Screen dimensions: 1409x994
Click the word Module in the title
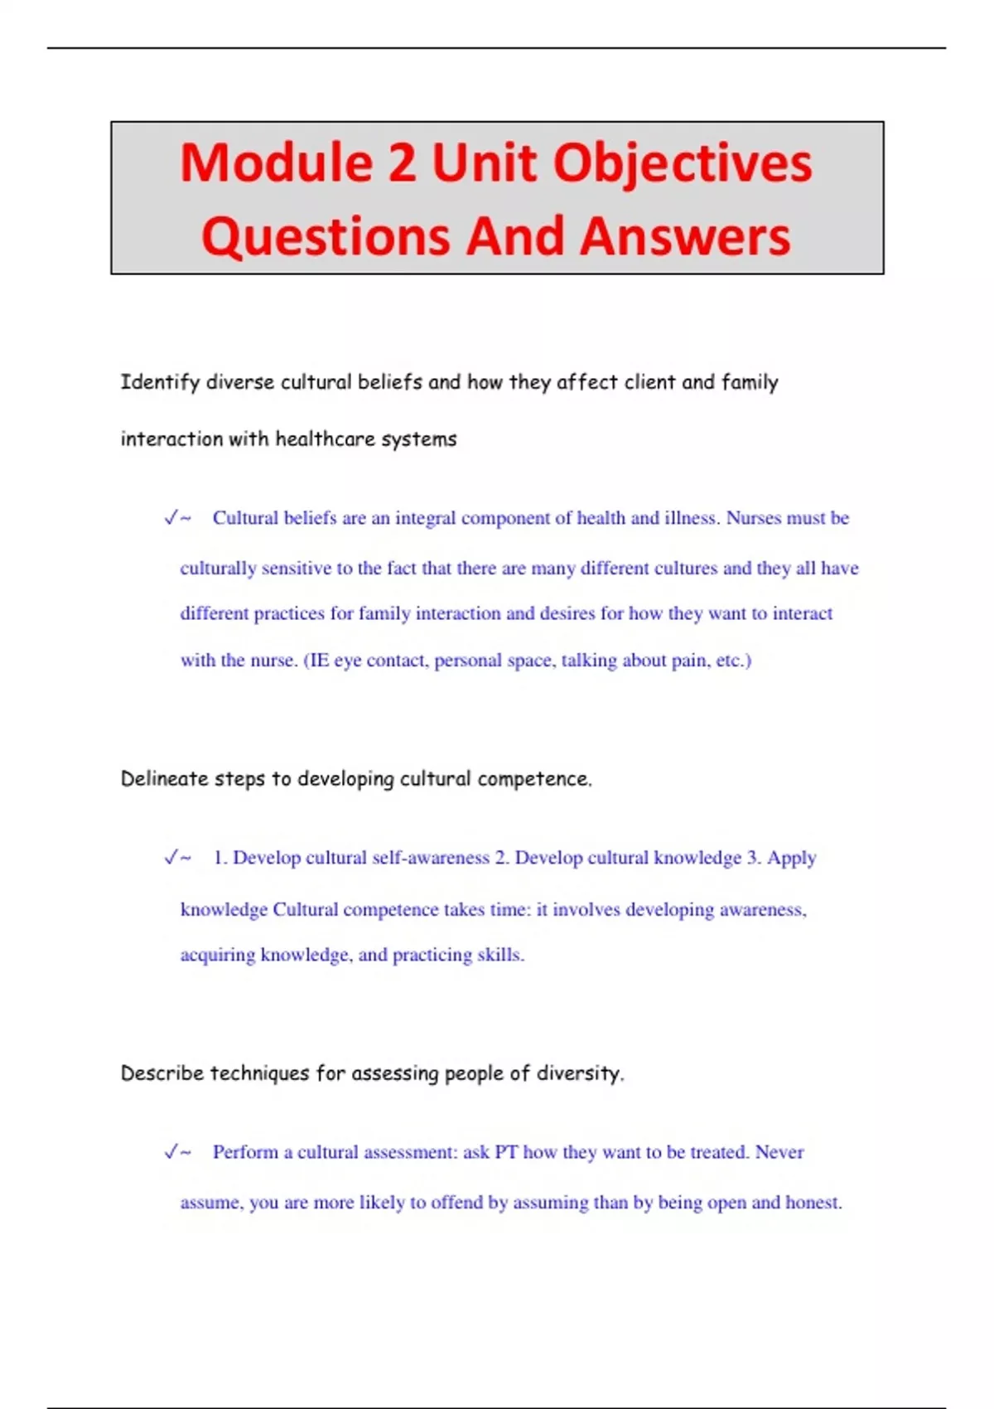click(275, 162)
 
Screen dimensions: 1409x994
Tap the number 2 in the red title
click(402, 162)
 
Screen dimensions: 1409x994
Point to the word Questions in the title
click(325, 237)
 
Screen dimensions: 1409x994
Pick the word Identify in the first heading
click(160, 383)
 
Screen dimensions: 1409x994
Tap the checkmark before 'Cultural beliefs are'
click(171, 518)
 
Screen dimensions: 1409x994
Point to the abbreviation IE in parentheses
click(319, 661)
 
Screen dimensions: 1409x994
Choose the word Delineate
click(164, 779)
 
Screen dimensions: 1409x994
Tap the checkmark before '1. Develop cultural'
click(171, 858)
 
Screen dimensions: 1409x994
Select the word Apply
click(791, 859)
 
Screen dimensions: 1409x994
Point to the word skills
click(500, 955)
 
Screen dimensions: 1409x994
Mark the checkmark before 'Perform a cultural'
click(171, 1152)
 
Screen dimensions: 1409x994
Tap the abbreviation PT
click(505, 1152)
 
